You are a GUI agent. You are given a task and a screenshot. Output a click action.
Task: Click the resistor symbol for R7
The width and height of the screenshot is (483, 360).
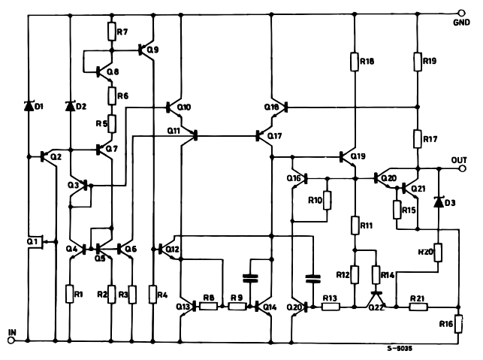click(x=111, y=32)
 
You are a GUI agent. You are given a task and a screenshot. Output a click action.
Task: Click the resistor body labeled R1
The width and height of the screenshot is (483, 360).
click(x=70, y=293)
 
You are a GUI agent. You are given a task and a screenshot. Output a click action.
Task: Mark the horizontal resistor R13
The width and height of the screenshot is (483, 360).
click(x=330, y=307)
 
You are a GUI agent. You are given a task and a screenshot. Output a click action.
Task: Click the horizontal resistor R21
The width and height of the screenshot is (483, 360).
click(x=418, y=307)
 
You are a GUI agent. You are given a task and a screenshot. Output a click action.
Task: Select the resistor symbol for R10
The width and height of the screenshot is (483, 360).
click(x=327, y=201)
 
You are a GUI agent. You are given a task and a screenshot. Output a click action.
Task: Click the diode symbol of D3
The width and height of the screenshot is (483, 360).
click(x=438, y=202)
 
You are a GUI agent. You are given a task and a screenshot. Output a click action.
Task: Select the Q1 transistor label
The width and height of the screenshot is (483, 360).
click(x=31, y=241)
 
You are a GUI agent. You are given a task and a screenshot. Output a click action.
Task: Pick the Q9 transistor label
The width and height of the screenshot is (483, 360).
click(x=153, y=50)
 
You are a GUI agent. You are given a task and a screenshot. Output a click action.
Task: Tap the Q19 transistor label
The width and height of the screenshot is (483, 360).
click(x=358, y=156)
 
